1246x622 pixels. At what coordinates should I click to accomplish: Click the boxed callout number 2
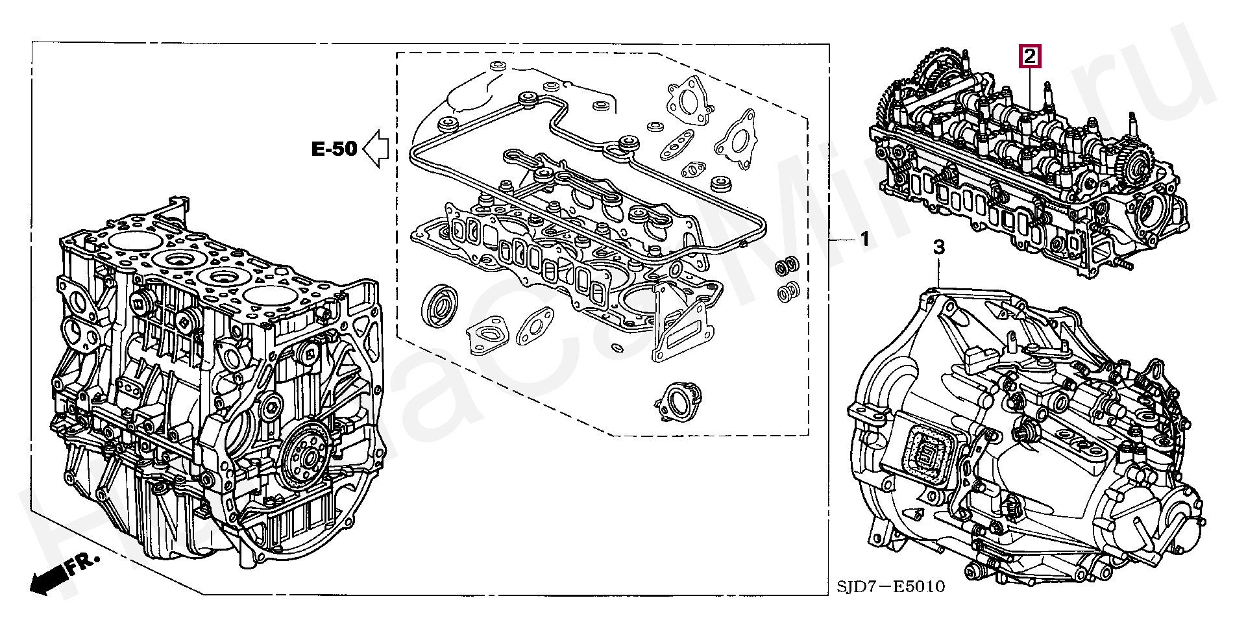pyautogui.click(x=1030, y=56)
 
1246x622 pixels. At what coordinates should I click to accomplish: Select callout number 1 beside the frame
pyautogui.click(x=864, y=240)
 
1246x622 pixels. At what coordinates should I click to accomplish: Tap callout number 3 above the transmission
pyautogui.click(x=938, y=247)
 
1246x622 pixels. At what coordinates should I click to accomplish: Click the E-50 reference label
pyautogui.click(x=334, y=149)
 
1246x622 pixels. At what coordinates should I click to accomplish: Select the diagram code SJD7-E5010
pyautogui.click(x=890, y=587)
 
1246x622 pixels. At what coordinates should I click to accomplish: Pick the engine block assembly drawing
pyautogui.click(x=214, y=383)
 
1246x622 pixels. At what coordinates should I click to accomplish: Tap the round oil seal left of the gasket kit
pyautogui.click(x=441, y=305)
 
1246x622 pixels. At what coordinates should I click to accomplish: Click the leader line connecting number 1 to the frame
pyautogui.click(x=843, y=240)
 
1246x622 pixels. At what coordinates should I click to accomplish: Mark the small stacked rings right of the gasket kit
pyautogui.click(x=788, y=279)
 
